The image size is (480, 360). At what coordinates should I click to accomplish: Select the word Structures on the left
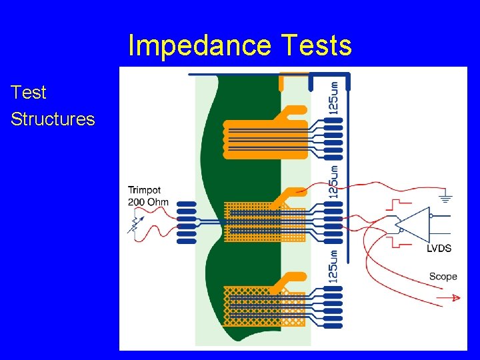point(53,119)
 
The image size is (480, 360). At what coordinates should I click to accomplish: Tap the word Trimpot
point(145,190)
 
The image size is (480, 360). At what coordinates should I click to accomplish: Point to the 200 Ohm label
point(148,202)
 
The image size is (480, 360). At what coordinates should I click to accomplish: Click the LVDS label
point(439,249)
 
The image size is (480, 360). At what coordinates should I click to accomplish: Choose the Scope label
point(443,276)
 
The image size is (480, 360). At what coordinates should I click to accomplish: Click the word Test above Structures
point(29,93)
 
